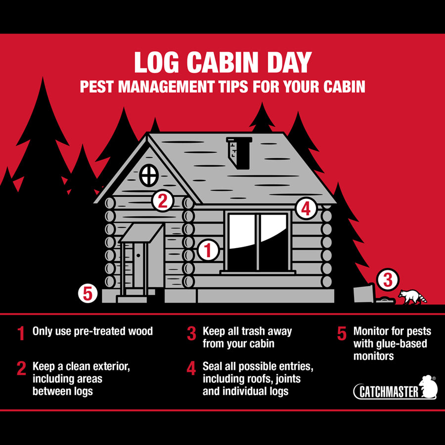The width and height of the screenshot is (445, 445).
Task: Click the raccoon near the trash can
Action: coord(412,297)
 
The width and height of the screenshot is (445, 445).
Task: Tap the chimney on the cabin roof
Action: coord(239,153)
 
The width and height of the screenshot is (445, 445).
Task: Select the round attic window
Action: coord(149,175)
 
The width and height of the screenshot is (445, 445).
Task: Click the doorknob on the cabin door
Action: coord(138,256)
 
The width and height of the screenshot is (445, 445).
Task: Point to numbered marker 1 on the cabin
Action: coord(208,250)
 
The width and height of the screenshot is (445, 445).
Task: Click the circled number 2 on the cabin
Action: coord(163,201)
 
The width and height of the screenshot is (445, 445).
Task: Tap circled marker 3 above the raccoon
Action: coord(388,279)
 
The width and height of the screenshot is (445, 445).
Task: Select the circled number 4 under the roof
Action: coord(306,209)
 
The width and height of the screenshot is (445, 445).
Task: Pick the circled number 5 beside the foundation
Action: coord(88,293)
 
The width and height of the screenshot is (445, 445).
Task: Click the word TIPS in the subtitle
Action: coord(233,87)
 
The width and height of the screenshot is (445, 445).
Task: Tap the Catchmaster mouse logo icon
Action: coord(428,387)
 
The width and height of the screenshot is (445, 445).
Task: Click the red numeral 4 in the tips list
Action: coord(191,368)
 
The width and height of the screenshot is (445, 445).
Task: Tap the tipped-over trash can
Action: coord(364,293)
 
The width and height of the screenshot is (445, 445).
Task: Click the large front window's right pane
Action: coord(273,242)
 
